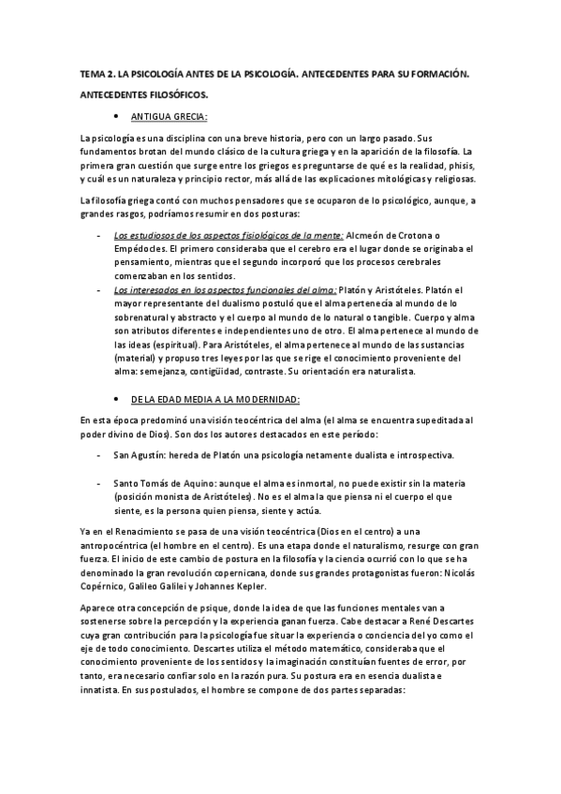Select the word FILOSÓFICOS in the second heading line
[177, 95]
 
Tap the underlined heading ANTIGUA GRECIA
[170, 117]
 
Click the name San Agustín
[141, 456]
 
